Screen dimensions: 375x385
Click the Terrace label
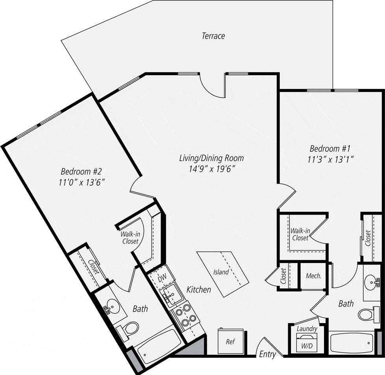213,36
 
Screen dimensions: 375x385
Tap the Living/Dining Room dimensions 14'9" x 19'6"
211,169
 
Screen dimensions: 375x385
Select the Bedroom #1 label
330,149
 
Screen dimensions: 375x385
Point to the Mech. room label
314,276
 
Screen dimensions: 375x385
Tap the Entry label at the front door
267,354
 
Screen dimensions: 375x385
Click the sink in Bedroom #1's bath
371,282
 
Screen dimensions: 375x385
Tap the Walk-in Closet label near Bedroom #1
300,234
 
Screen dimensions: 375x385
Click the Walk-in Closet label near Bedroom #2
130,238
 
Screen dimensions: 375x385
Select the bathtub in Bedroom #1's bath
352,343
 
